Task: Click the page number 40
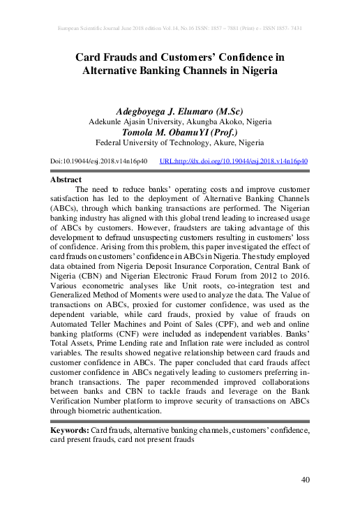[304, 479]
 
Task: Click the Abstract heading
[67, 179]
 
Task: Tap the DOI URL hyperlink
[234, 161]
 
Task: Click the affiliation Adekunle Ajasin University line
[180, 121]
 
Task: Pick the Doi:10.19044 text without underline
[98, 161]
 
